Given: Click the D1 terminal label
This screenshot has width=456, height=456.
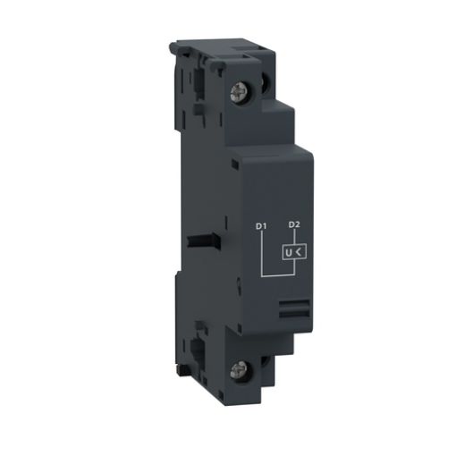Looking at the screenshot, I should pyautogui.click(x=262, y=227).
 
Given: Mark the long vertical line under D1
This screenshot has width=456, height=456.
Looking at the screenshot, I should pyautogui.click(x=262, y=253).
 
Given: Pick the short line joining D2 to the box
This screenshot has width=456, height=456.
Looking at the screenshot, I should pyautogui.click(x=293, y=238).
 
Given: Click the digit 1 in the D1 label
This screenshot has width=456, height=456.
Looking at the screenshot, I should pyautogui.click(x=266, y=227).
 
